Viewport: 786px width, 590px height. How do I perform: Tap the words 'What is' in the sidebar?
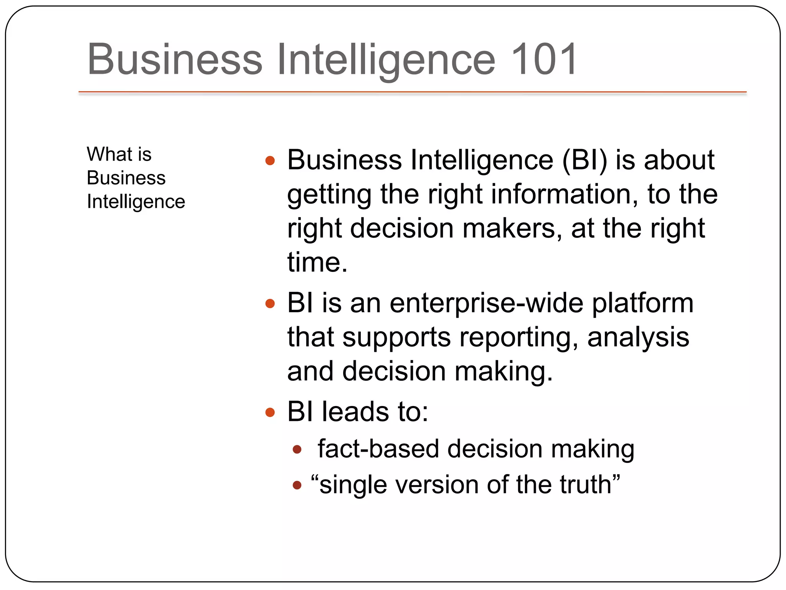click(119, 154)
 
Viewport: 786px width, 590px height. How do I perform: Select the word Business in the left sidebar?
click(126, 178)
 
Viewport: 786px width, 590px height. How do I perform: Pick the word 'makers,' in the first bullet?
click(512, 228)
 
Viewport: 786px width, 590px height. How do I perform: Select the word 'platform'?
click(643, 303)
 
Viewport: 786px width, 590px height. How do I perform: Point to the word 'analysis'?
click(638, 337)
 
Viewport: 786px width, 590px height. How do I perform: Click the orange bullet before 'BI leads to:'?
click(270, 413)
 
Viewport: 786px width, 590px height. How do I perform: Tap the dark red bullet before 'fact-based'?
click(297, 449)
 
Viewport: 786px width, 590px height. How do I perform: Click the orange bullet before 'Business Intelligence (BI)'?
click(270, 161)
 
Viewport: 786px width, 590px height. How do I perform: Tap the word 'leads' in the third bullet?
click(355, 412)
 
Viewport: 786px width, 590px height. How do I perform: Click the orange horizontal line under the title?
click(412, 92)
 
